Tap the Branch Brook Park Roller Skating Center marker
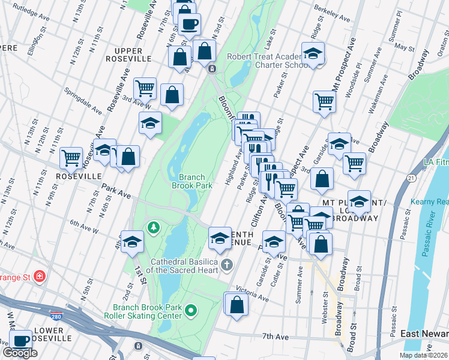point(191,310)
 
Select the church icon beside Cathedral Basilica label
point(226,265)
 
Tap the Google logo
point(20,353)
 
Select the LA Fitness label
point(435,163)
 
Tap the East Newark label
point(424,334)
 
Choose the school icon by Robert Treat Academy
point(313,55)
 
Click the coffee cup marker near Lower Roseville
point(21,341)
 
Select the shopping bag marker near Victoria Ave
point(237,304)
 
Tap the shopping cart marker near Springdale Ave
point(145,89)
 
